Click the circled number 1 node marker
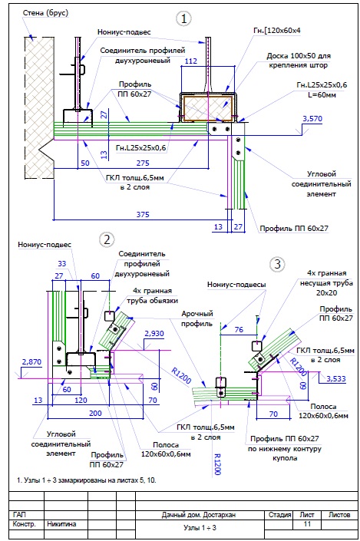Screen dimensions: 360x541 (183, 18)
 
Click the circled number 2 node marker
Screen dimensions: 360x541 (107, 239)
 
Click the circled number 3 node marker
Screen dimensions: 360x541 (277, 264)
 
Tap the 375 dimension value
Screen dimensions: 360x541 (143, 214)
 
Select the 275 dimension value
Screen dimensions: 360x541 (143, 163)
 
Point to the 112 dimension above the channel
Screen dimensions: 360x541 (191, 61)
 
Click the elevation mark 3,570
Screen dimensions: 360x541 (312, 119)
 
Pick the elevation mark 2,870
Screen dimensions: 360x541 (31, 362)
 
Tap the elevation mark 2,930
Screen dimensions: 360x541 (154, 334)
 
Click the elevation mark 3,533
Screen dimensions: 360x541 (336, 379)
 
